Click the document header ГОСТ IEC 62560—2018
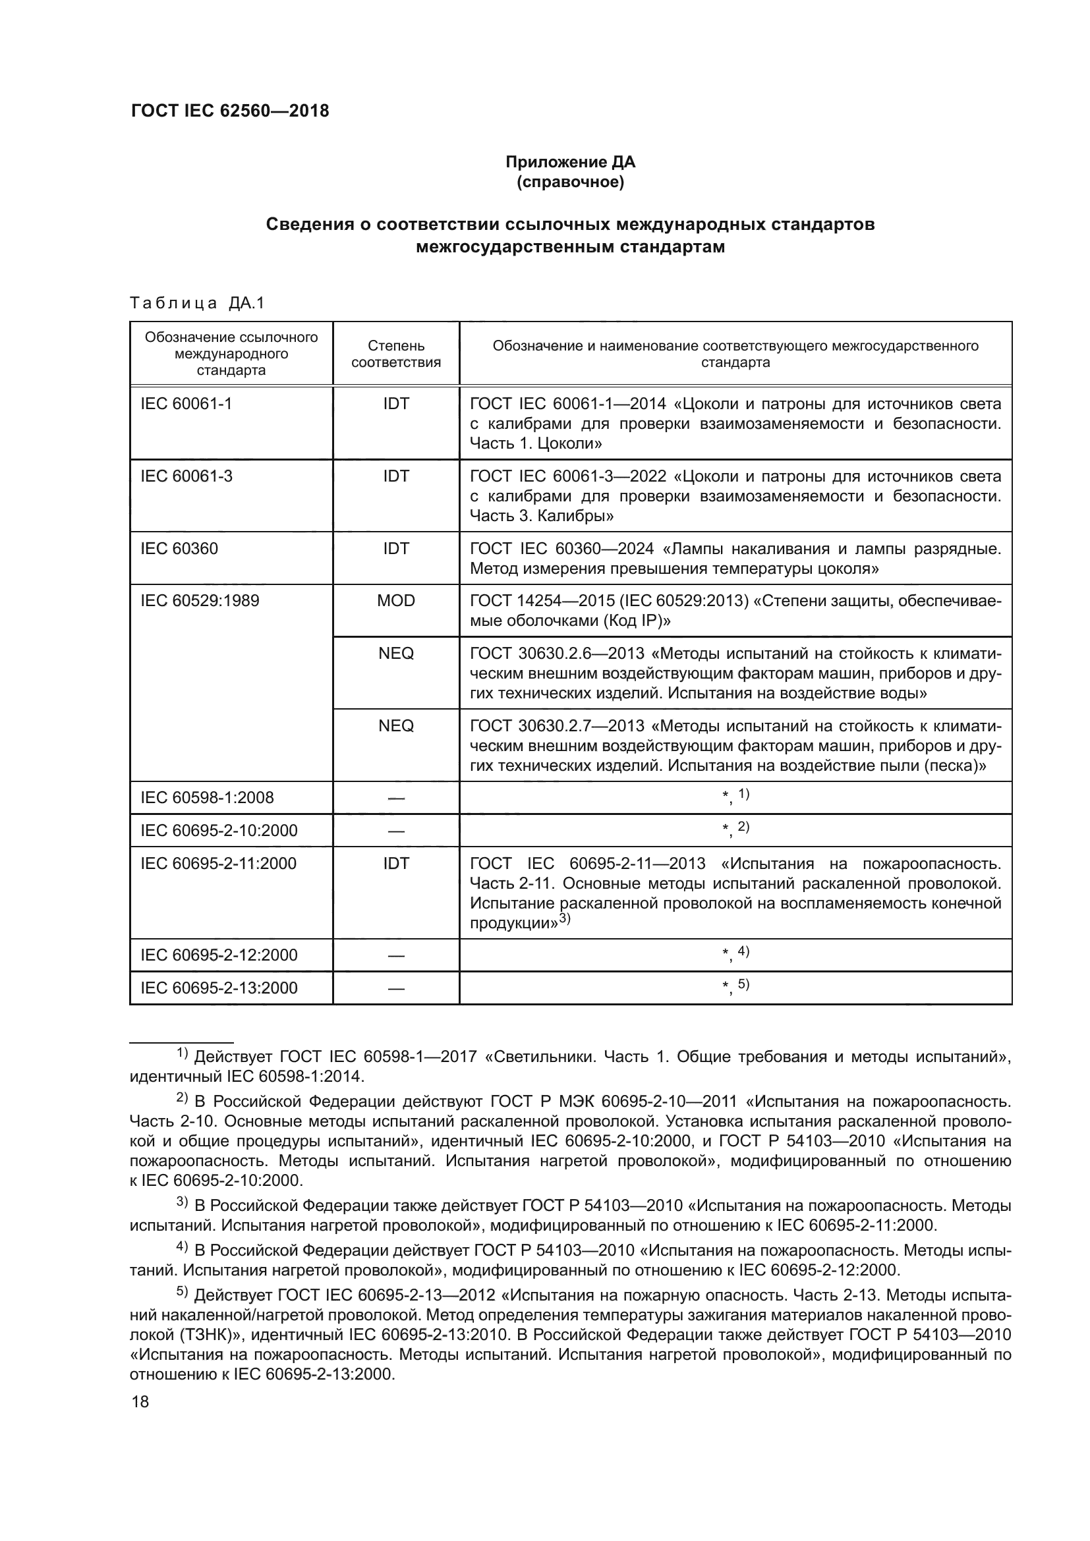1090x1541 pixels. [x=229, y=111]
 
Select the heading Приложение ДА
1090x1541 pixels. [x=570, y=162]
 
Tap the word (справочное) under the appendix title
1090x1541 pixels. [x=570, y=182]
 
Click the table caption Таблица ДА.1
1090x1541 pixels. [x=197, y=303]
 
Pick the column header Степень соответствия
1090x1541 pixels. [x=396, y=354]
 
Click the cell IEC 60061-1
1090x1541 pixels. [x=186, y=404]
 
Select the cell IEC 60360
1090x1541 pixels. [x=179, y=549]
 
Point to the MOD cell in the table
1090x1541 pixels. [x=396, y=601]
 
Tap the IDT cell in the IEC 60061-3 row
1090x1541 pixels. [x=396, y=476]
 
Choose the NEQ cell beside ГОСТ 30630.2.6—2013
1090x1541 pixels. [x=396, y=653]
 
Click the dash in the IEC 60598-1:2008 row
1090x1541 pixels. [x=396, y=799]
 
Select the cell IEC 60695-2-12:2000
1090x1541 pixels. [x=219, y=955]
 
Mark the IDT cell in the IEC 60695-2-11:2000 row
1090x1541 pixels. [x=396, y=864]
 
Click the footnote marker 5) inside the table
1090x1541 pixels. [x=743, y=984]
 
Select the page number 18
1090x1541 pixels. [x=140, y=1402]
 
